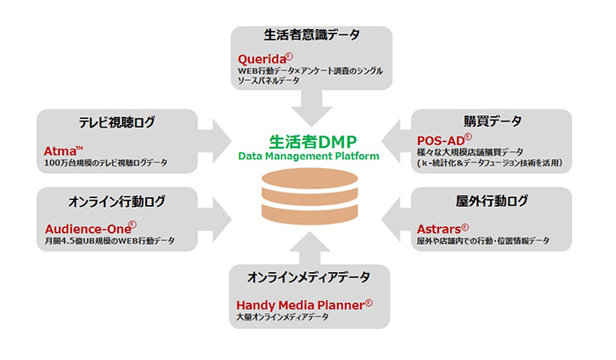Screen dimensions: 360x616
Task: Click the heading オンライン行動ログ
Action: click(x=116, y=202)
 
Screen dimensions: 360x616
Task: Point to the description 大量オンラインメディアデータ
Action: click(x=276, y=318)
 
